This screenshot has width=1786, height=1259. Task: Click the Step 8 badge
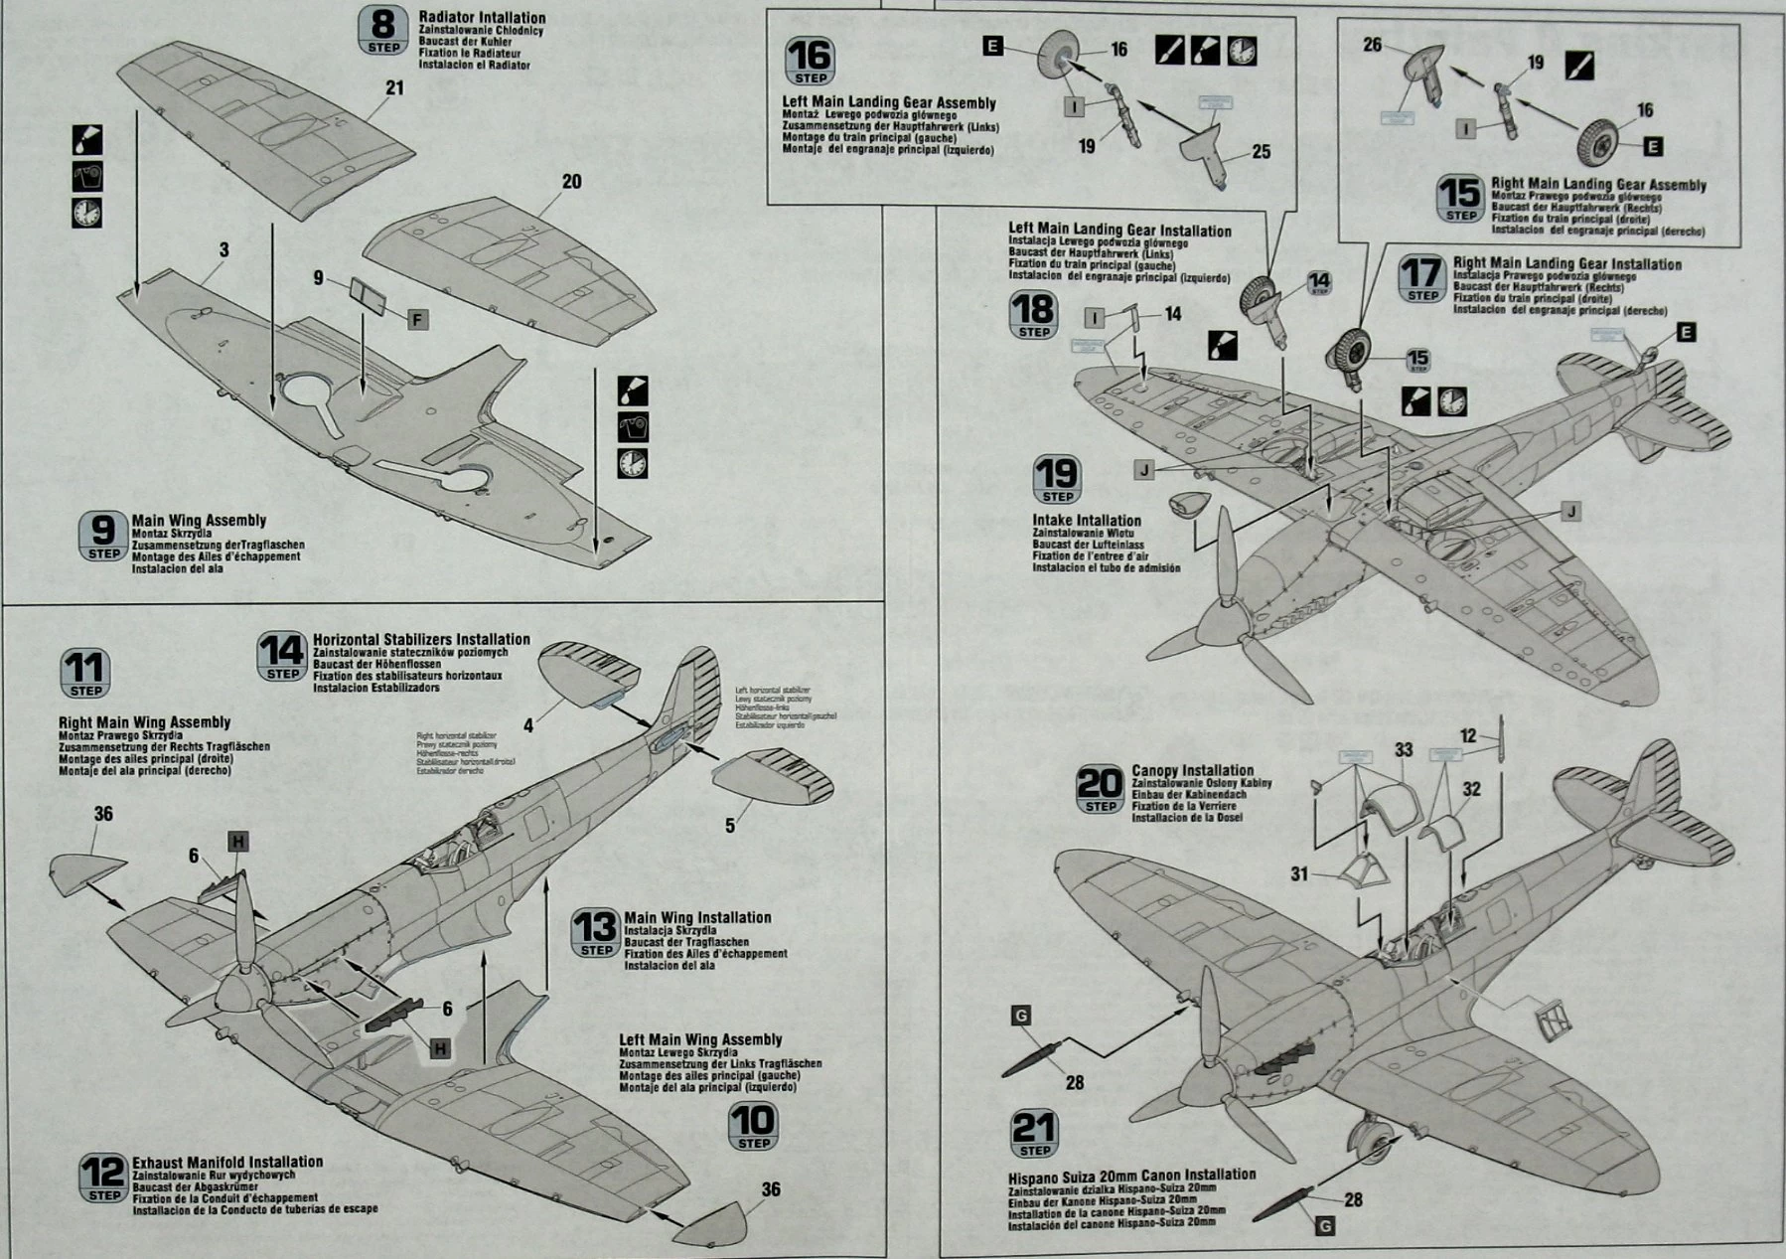pyautogui.click(x=383, y=31)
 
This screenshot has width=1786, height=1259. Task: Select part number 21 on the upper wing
pyautogui.click(x=394, y=88)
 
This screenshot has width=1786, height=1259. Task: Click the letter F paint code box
pyautogui.click(x=418, y=319)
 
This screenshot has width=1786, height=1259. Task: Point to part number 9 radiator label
pyautogui.click(x=319, y=279)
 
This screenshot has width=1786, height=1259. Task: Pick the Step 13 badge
pyautogui.click(x=596, y=934)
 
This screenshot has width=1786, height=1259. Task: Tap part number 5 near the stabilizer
pyautogui.click(x=730, y=826)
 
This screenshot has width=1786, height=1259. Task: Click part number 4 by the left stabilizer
pyautogui.click(x=528, y=726)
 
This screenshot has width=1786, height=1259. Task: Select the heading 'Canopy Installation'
pyautogui.click(x=1193, y=770)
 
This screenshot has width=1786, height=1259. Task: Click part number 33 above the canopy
pyautogui.click(x=1403, y=750)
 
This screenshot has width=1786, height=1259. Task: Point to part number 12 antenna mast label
pyautogui.click(x=1469, y=735)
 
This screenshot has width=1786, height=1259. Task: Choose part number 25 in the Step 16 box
pyautogui.click(x=1261, y=152)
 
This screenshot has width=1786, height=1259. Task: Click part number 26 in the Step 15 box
pyautogui.click(x=1372, y=46)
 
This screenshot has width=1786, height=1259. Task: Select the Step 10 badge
pyautogui.click(x=753, y=1127)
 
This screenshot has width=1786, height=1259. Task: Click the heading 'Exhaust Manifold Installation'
pyautogui.click(x=227, y=1162)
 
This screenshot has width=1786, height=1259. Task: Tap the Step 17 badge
pyautogui.click(x=1421, y=279)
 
